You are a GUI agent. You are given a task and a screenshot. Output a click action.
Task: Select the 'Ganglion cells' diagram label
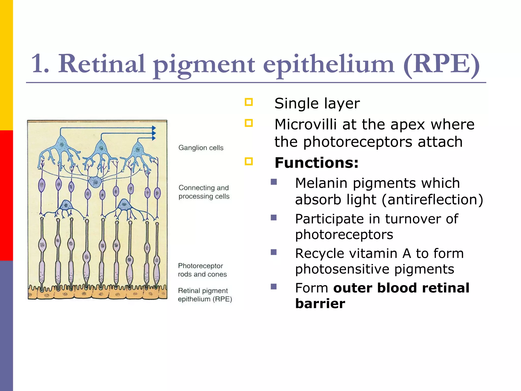pyautogui.click(x=201, y=148)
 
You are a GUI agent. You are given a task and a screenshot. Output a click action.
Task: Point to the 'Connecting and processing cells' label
pyautogui.click(x=204, y=192)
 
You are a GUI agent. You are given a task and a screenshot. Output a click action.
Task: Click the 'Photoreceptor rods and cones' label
pyautogui.click(x=202, y=270)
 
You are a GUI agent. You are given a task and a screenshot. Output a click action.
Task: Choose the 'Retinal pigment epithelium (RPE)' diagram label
pyautogui.click(x=205, y=295)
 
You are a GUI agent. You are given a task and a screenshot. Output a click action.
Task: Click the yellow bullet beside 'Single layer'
pyautogui.click(x=249, y=102)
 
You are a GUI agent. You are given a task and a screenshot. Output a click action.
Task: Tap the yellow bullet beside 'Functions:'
pyautogui.click(x=249, y=161)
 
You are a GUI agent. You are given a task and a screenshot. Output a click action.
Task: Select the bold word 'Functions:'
pyautogui.click(x=316, y=163)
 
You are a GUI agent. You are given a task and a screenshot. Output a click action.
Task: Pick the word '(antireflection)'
pyautogui.click(x=432, y=199)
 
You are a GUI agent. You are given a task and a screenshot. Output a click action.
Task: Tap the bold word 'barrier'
pyautogui.click(x=320, y=303)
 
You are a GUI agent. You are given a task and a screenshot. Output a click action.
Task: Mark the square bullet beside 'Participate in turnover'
pyautogui.click(x=274, y=218)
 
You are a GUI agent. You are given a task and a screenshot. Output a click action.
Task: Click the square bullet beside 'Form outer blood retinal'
pyautogui.click(x=274, y=287)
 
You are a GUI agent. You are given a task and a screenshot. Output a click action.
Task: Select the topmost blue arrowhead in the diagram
pyautogui.click(x=154, y=128)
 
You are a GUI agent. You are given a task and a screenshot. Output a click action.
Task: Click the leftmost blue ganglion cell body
pyautogui.click(x=61, y=144)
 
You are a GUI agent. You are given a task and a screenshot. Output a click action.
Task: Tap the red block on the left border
pyautogui.click(x=6, y=195)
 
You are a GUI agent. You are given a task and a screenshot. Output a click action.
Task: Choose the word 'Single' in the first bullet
pyautogui.click(x=295, y=103)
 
